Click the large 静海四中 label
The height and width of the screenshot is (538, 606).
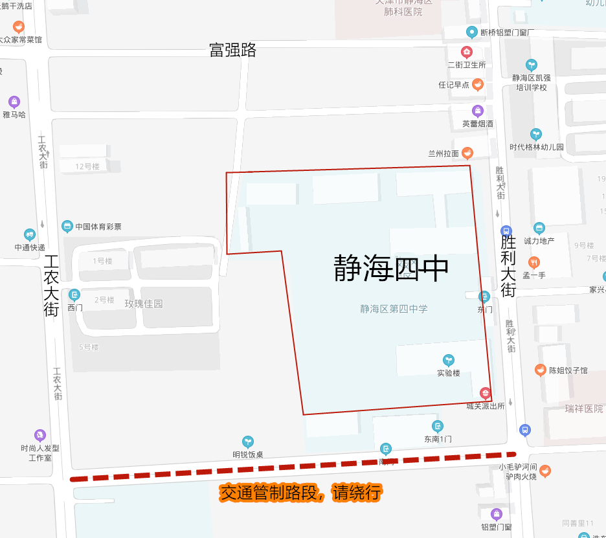click(391, 268)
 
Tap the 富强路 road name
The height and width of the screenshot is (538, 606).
click(232, 50)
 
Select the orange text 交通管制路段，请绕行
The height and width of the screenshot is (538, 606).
click(300, 493)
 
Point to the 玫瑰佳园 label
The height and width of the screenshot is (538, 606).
click(144, 304)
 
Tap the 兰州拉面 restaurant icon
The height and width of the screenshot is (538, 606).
click(467, 153)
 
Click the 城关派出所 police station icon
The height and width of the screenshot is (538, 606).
click(484, 393)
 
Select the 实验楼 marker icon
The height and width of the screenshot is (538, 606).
click(448, 360)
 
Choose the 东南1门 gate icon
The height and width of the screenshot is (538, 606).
click(438, 426)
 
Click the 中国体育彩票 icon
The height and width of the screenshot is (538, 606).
click(67, 226)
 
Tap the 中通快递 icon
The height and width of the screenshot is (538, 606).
click(30, 234)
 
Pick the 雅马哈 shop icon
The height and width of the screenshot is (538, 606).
click(14, 102)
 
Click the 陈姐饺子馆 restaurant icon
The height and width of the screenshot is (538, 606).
click(540, 370)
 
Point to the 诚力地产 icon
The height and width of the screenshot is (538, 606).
click(539, 228)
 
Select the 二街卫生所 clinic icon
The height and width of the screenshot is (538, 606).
click(466, 52)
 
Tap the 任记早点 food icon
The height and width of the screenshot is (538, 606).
click(478, 84)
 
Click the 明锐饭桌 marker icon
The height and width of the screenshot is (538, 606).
click(247, 442)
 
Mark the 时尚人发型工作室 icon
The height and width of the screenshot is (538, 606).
click(40, 435)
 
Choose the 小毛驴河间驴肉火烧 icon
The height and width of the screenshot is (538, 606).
click(545, 471)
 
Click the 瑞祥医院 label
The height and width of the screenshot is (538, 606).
click(583, 409)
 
